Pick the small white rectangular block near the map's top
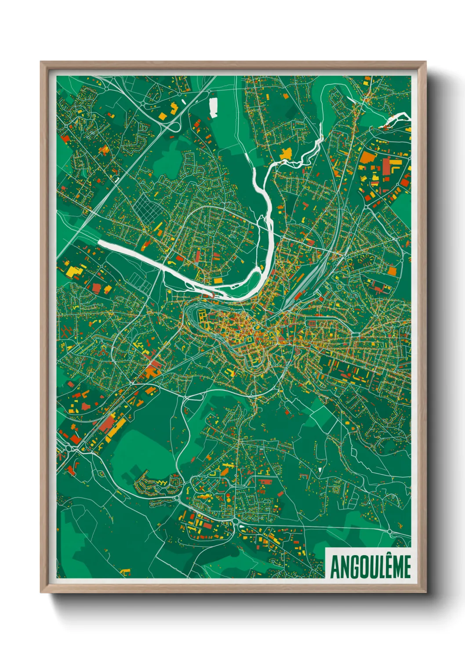(213, 108)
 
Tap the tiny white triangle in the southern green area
(320, 469)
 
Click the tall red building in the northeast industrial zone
(386, 167)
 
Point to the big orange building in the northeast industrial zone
(367, 157)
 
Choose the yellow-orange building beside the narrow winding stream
(286, 153)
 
